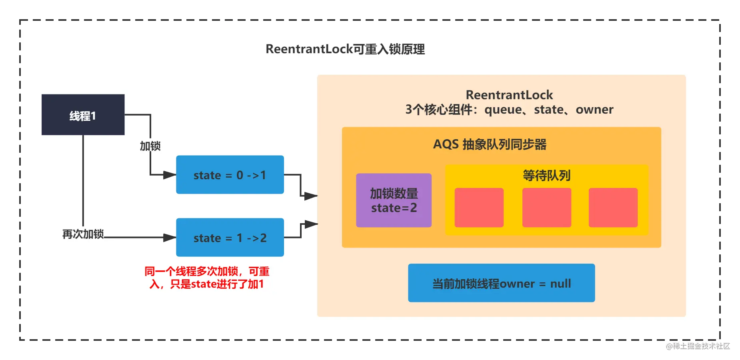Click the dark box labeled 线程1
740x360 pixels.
[x=83, y=115]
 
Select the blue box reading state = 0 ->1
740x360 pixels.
[x=230, y=175]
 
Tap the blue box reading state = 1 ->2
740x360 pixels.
[x=230, y=237]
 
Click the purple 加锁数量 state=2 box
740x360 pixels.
[x=394, y=200]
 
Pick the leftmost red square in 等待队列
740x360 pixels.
[x=479, y=208]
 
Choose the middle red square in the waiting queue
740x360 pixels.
[x=547, y=208]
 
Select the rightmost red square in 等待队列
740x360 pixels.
[x=613, y=208]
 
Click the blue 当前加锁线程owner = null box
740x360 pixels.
[x=502, y=283]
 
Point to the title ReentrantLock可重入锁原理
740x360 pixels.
[x=345, y=49]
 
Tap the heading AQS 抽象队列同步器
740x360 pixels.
[x=490, y=144]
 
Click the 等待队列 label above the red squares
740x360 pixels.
[x=546, y=175]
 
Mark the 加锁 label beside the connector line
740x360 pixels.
[x=150, y=146]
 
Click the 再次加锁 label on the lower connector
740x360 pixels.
[x=83, y=234]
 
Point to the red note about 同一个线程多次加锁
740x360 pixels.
[x=207, y=278]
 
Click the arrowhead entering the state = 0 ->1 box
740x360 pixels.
[x=170, y=175]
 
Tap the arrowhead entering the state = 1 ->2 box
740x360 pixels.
[x=170, y=238]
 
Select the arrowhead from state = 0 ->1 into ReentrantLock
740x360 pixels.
[x=311, y=196]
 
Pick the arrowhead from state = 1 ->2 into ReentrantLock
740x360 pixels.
[x=311, y=224]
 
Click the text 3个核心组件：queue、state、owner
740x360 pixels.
[x=509, y=110]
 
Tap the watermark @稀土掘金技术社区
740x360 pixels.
[x=698, y=346]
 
